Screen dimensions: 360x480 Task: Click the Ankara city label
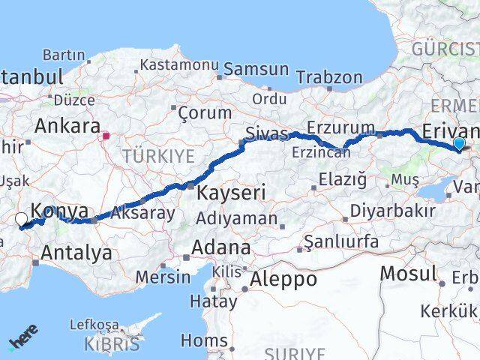pos(67,125)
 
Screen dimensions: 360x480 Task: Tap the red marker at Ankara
pos(106,136)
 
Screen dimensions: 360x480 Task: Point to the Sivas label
pos(268,133)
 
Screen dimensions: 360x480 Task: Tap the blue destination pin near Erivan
pos(459,144)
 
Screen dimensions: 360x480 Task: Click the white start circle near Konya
pos(21,219)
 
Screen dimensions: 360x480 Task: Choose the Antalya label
pos(76,253)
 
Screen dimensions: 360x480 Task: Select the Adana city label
pos(221,247)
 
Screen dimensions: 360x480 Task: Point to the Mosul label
pos(408,274)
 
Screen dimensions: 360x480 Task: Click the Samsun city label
pos(256,69)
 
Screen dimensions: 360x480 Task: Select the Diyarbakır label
pos(388,211)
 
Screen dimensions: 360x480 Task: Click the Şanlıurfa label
pos(341,241)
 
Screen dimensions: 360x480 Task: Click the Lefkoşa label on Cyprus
pos(94,325)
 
